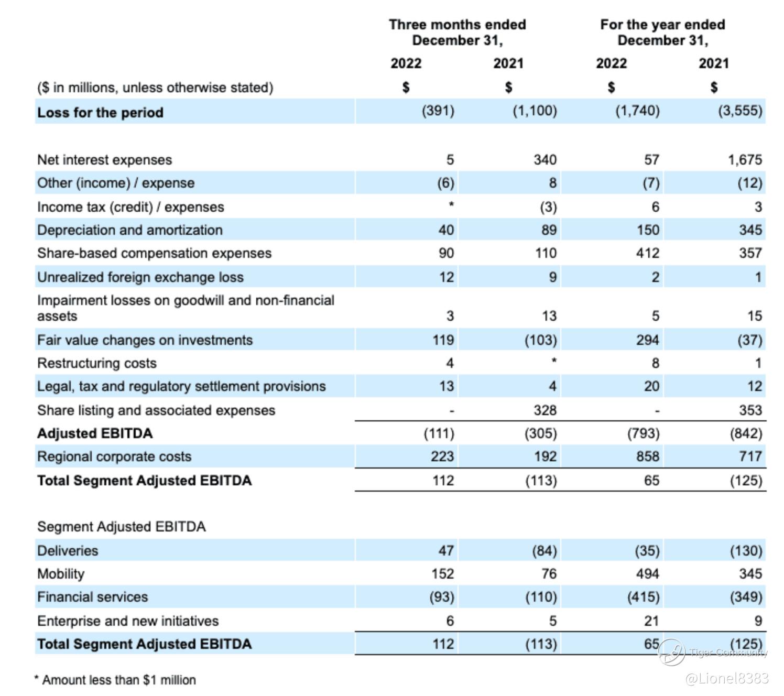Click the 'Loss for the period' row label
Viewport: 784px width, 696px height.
coord(100,112)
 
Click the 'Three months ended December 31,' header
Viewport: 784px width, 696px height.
coord(457,32)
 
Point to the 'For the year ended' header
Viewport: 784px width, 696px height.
coord(662,25)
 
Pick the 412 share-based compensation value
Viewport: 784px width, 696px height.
coord(648,253)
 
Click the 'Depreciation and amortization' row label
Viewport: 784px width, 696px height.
coord(130,230)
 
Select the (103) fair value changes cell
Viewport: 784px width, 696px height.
coord(541,340)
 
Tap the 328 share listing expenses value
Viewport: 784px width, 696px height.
coord(545,410)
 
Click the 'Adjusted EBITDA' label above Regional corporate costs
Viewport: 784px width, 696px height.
coord(95,433)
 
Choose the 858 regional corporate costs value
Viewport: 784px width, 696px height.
coord(648,456)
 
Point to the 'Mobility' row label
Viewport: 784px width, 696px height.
coord(61,574)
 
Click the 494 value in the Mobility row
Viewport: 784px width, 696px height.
coord(648,574)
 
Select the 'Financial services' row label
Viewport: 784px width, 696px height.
coord(93,597)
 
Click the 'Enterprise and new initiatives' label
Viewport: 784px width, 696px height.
coord(128,621)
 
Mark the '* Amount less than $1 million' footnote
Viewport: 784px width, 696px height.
coord(115,680)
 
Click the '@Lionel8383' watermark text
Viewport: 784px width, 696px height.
coord(726,678)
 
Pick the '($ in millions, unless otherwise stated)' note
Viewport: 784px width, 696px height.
coord(155,87)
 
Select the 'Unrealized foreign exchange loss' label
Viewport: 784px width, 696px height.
coord(140,277)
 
